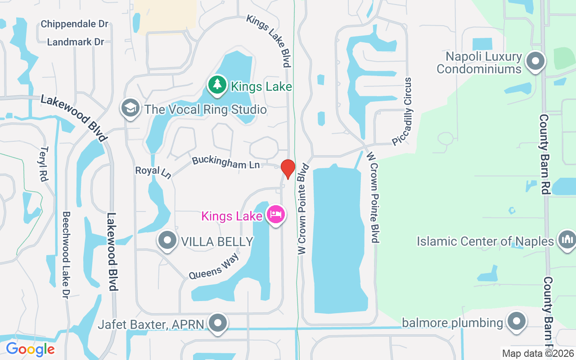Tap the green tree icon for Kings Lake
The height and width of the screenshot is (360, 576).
tap(217, 84)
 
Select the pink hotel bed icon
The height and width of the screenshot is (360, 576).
tap(275, 214)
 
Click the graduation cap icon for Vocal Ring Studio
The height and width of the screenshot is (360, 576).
tap(130, 108)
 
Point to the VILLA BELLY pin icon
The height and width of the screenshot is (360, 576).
tap(168, 240)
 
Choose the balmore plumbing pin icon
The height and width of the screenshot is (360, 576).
tap(517, 322)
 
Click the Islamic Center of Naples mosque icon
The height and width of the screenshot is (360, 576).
tap(566, 240)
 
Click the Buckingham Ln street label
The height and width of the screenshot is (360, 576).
tap(226, 162)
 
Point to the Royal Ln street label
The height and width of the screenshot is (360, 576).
tap(153, 171)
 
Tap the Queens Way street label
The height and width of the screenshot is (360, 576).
tap(213, 266)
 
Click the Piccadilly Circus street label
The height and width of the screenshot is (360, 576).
tap(402, 112)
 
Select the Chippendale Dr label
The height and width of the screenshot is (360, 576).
tap(75, 24)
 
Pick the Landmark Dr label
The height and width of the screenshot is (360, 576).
tap(76, 42)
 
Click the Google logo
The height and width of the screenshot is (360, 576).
tap(30, 349)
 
